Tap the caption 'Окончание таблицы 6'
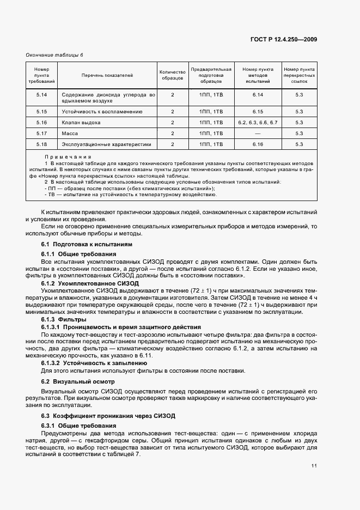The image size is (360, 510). point(54,55)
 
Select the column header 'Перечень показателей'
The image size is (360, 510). point(107,75)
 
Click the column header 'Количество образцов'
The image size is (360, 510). point(172,75)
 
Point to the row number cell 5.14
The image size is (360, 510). point(42,95)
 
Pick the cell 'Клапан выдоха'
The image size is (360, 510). point(81,123)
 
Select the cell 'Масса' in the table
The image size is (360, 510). point(70,133)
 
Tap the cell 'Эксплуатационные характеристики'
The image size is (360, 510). point(106,144)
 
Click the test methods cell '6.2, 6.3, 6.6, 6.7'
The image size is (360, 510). point(258,123)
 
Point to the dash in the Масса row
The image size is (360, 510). point(258,133)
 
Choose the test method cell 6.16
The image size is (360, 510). point(258,144)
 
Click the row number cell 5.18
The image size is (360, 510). point(42,144)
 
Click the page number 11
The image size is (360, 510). point(314,466)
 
